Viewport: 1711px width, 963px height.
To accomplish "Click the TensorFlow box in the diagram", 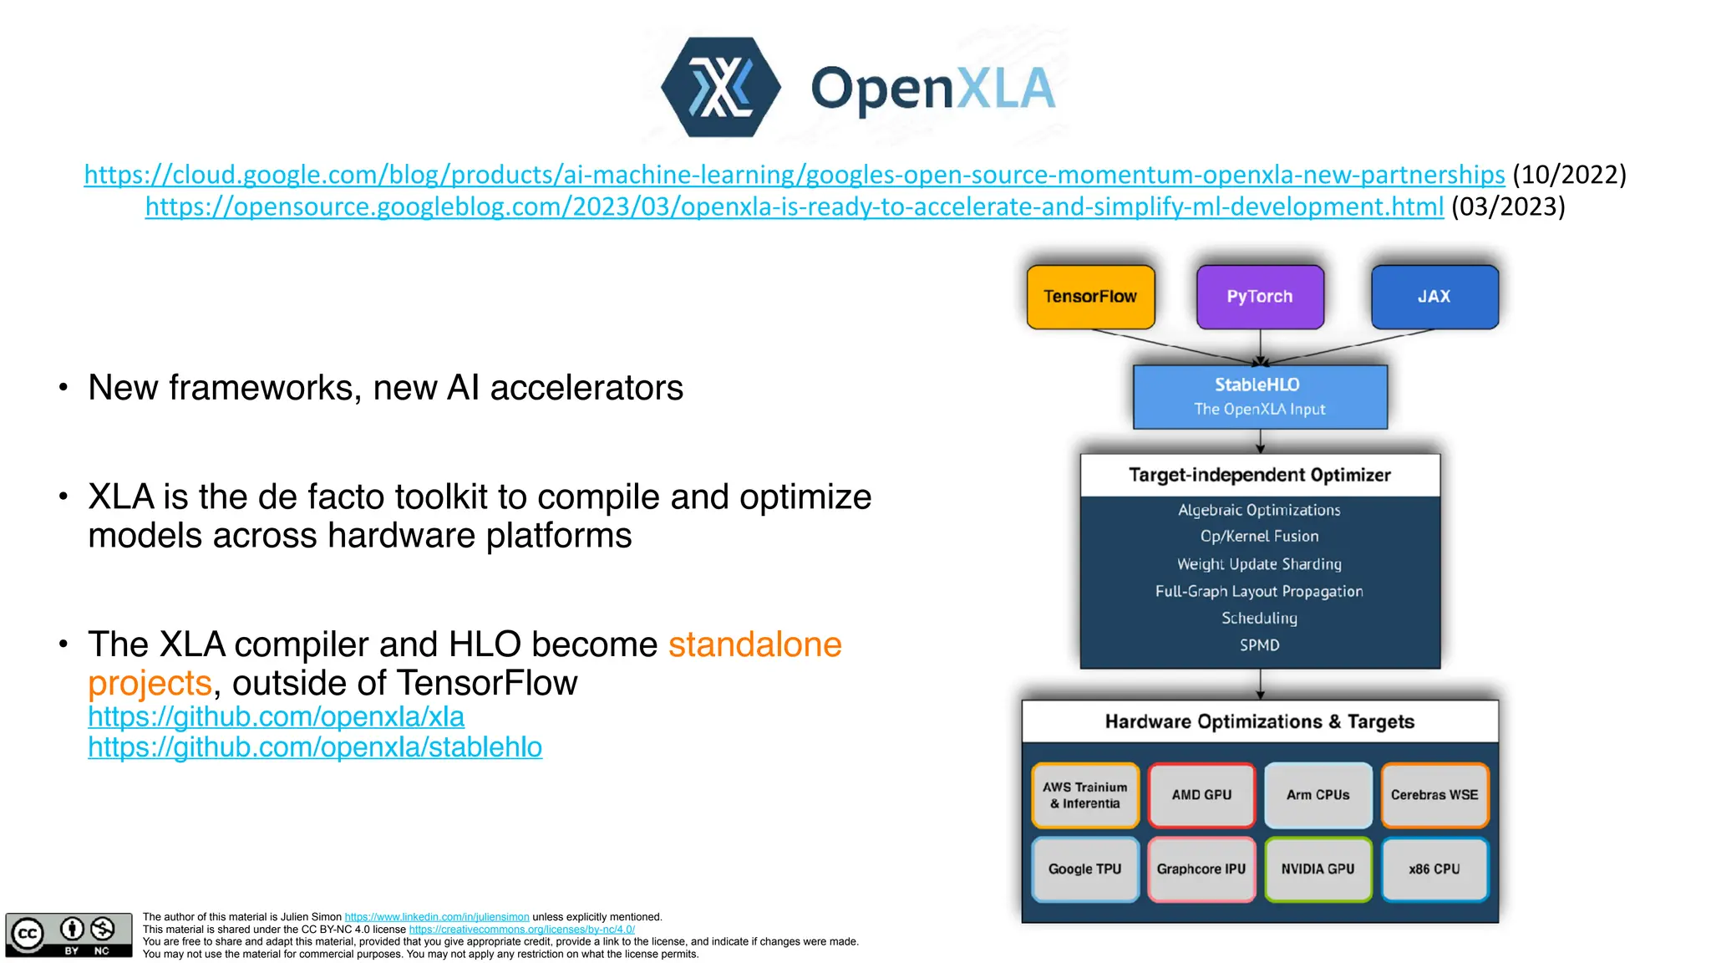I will (x=1090, y=297).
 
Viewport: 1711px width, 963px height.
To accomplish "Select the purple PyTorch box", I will (x=1260, y=297).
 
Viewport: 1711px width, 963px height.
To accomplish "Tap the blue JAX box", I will (x=1434, y=297).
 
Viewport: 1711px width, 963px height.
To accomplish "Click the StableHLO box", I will (x=1260, y=396).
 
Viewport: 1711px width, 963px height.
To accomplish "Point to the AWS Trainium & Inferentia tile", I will (x=1085, y=795).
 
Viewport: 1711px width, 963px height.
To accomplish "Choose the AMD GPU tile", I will (x=1201, y=795).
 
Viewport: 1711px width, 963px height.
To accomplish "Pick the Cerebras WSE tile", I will (x=1434, y=795).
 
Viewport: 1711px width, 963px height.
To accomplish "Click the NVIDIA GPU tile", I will (x=1318, y=869).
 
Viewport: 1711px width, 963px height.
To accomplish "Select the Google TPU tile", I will (x=1085, y=869).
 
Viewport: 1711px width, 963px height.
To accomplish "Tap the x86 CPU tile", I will (x=1434, y=869).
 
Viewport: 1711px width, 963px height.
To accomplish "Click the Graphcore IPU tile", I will (x=1201, y=869).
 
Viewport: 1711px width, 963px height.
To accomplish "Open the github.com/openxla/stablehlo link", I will (x=315, y=747).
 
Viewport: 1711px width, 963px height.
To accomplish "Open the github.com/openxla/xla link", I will (x=276, y=717).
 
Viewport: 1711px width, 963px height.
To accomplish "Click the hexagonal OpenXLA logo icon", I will (x=720, y=87).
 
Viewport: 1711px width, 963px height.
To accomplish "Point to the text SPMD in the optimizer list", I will (x=1260, y=645).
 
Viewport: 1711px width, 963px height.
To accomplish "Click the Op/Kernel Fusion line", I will (x=1260, y=537).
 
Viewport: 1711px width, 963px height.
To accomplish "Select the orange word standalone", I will (x=754, y=645).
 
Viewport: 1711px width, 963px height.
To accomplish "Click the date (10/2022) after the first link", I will (x=1569, y=175).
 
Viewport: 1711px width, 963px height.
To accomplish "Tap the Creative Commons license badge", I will (x=69, y=935).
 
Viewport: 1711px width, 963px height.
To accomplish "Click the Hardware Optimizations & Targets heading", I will (x=1260, y=721).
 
